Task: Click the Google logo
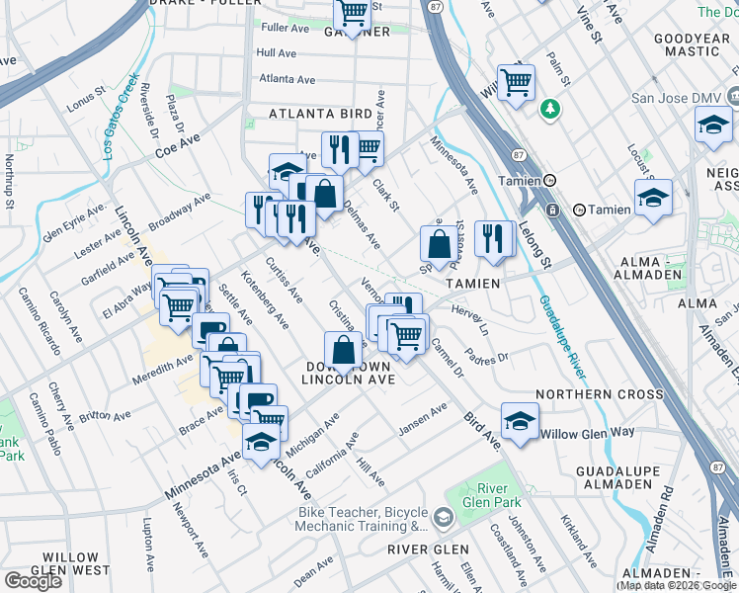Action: pos(33,581)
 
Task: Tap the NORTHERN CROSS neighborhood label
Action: pos(600,394)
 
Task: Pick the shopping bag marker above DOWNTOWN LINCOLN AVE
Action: pos(343,350)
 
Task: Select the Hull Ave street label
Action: pos(279,52)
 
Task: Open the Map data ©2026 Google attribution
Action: pos(678,586)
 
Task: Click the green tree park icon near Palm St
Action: pos(549,109)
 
